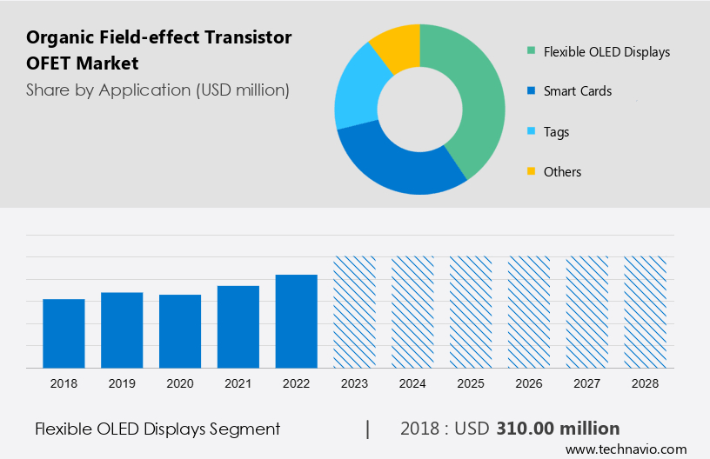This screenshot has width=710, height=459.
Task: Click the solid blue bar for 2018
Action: pyautogui.click(x=64, y=333)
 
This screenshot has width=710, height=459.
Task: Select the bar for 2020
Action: pyautogui.click(x=180, y=331)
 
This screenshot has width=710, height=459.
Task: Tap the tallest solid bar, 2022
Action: pyautogui.click(x=297, y=321)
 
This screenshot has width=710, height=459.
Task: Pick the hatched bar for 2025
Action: pyautogui.click(x=471, y=311)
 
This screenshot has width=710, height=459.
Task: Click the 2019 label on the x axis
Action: pyautogui.click(x=122, y=382)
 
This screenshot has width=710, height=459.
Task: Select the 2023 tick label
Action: pyautogui.click(x=354, y=382)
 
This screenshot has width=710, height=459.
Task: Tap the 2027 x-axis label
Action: pyautogui.click(x=587, y=382)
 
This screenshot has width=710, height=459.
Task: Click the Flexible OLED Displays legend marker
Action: pyautogui.click(x=530, y=51)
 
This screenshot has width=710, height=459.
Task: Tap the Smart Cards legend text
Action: pyautogui.click(x=578, y=90)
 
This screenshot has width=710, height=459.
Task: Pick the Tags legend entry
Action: pyautogui.click(x=556, y=131)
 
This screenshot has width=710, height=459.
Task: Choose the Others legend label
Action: pyautogui.click(x=562, y=171)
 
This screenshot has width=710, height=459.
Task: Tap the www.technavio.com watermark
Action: pyautogui.click(x=626, y=449)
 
